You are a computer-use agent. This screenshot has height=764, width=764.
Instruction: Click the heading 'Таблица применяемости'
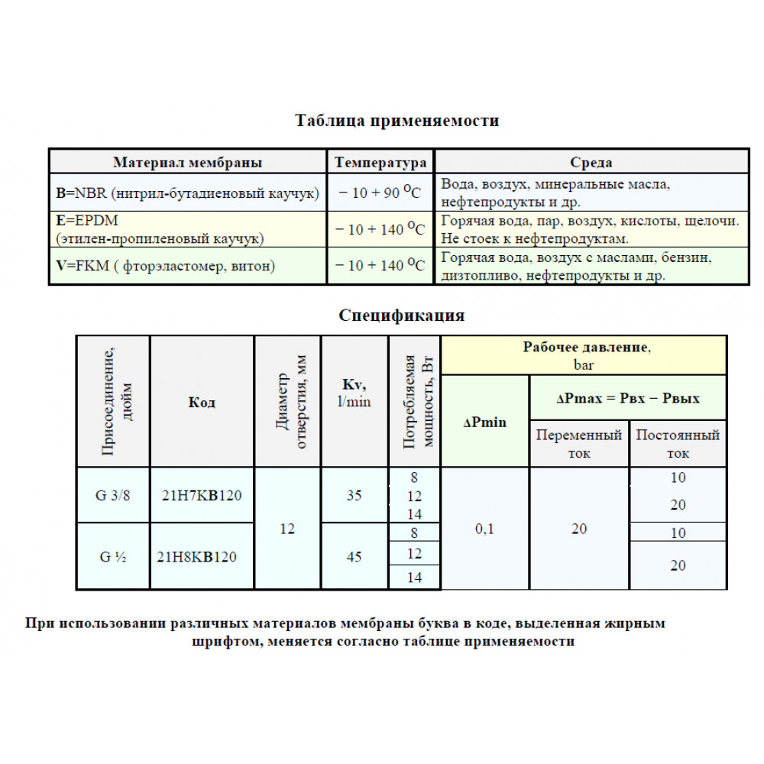[397, 121]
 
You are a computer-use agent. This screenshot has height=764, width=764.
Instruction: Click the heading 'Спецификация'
[401, 316]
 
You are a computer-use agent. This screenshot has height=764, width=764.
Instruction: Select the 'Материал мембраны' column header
[188, 163]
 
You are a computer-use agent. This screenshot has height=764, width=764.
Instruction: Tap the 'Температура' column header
[380, 163]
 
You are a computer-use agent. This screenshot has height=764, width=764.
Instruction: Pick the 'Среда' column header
[591, 163]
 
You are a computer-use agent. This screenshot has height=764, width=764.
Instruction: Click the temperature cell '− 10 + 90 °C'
[380, 193]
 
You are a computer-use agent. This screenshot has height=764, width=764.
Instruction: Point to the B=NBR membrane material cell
[187, 193]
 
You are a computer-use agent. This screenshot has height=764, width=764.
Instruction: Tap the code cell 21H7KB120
[202, 495]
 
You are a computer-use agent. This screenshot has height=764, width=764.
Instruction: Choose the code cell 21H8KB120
[196, 557]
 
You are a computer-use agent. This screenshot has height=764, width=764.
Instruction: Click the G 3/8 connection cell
[113, 495]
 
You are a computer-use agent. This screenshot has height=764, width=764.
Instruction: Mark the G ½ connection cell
[112, 557]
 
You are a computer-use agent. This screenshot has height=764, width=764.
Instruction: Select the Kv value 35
[354, 495]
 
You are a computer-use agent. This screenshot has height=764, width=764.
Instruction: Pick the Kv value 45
[354, 557]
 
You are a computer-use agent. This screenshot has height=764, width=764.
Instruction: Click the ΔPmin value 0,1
[484, 529]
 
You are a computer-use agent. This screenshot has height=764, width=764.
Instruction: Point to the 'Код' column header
[202, 402]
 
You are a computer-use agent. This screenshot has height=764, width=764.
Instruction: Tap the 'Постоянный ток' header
[678, 443]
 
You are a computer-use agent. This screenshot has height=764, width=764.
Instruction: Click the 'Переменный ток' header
[578, 443]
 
